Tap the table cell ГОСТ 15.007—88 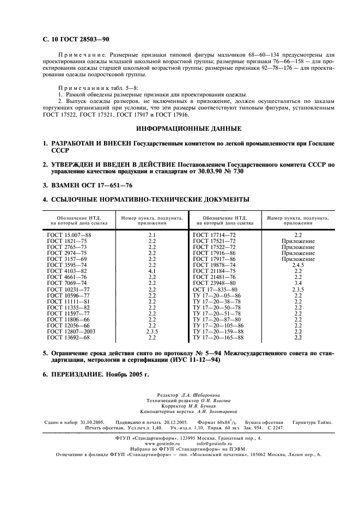pyautogui.click(x=69, y=234)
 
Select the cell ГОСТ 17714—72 pyautogui.click(x=215, y=234)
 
